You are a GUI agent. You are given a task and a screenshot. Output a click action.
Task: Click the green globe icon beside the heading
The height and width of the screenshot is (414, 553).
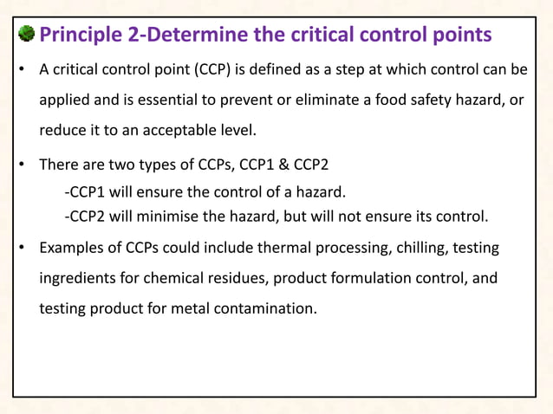(27, 35)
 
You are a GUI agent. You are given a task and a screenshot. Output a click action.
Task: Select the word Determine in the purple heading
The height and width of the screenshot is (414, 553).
(205, 35)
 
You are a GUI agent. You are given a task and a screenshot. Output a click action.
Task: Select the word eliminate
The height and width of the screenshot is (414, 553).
(282, 100)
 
